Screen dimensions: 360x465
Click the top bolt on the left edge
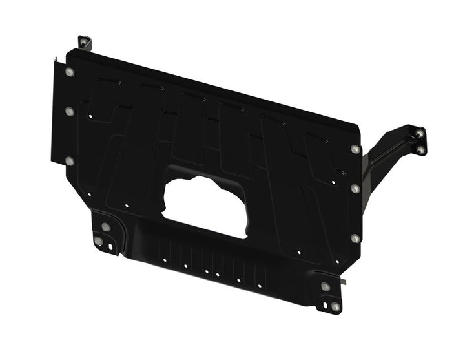tap(70, 72)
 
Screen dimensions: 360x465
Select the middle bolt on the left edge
tap(70, 112)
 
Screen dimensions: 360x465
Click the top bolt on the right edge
tap(355, 149)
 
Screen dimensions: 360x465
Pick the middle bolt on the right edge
tap(355, 189)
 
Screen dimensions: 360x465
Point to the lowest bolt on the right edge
tap(355, 238)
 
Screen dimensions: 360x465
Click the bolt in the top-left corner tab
tap(83, 43)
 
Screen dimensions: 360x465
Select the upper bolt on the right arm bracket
tap(420, 134)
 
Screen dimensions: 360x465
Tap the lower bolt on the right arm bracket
tap(421, 150)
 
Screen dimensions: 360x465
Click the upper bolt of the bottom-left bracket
tap(105, 227)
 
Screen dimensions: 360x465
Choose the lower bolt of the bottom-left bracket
tap(98, 242)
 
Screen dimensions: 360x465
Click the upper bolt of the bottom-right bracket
tap(325, 286)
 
